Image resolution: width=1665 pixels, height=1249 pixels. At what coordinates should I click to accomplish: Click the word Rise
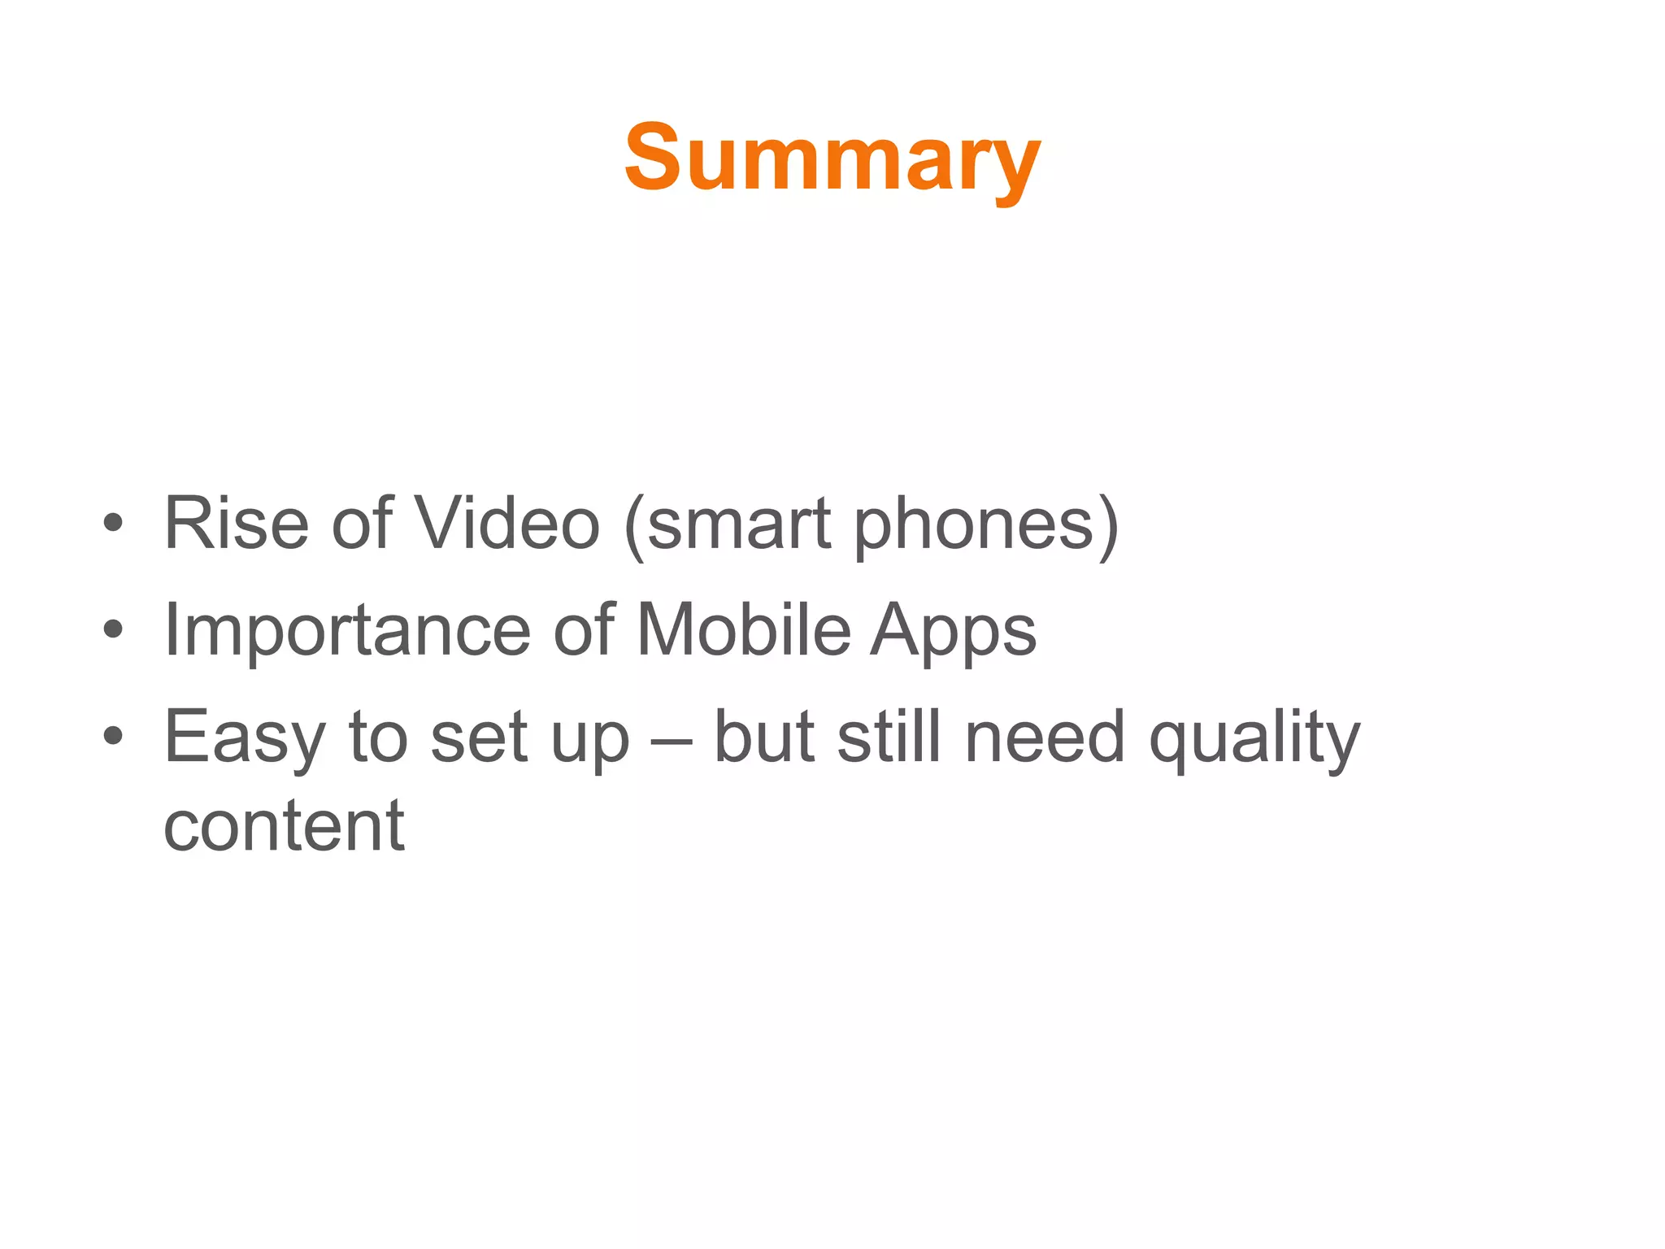point(236,524)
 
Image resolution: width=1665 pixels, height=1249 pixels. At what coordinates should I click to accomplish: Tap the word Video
point(507,524)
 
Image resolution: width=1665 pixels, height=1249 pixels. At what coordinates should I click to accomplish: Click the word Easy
point(245,738)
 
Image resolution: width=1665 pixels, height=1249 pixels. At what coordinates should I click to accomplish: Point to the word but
point(764,737)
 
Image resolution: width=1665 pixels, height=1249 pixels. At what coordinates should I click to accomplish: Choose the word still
point(889,737)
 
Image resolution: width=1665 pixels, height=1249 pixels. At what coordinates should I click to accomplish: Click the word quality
point(1254,740)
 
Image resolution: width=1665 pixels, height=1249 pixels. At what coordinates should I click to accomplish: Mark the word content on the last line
point(284,828)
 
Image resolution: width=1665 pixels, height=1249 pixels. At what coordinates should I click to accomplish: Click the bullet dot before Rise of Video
point(113,524)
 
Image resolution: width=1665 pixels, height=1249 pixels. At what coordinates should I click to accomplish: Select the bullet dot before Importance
point(113,629)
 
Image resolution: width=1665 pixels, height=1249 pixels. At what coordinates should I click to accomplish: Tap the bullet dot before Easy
point(113,737)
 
